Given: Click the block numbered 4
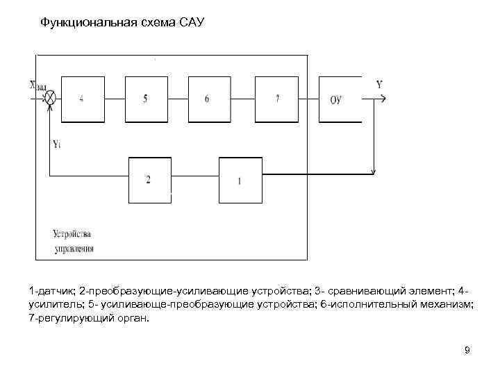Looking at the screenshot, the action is [82, 99].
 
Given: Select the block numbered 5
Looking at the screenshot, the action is [145, 99].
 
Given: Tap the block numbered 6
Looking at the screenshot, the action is [207, 99].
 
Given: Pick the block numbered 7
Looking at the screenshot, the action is [276, 99].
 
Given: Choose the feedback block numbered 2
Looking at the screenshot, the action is [148, 180].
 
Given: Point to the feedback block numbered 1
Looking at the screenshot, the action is [240, 181].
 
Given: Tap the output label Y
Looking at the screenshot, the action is [379, 85].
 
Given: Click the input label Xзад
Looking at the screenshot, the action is [38, 86].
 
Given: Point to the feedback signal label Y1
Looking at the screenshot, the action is [56, 144].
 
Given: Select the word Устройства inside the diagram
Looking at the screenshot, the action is [71, 233].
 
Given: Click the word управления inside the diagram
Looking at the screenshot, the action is [74, 247].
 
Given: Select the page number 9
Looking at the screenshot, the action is [467, 350].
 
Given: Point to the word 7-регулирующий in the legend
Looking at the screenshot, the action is [67, 318].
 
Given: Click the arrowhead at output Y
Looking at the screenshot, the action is [382, 99].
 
